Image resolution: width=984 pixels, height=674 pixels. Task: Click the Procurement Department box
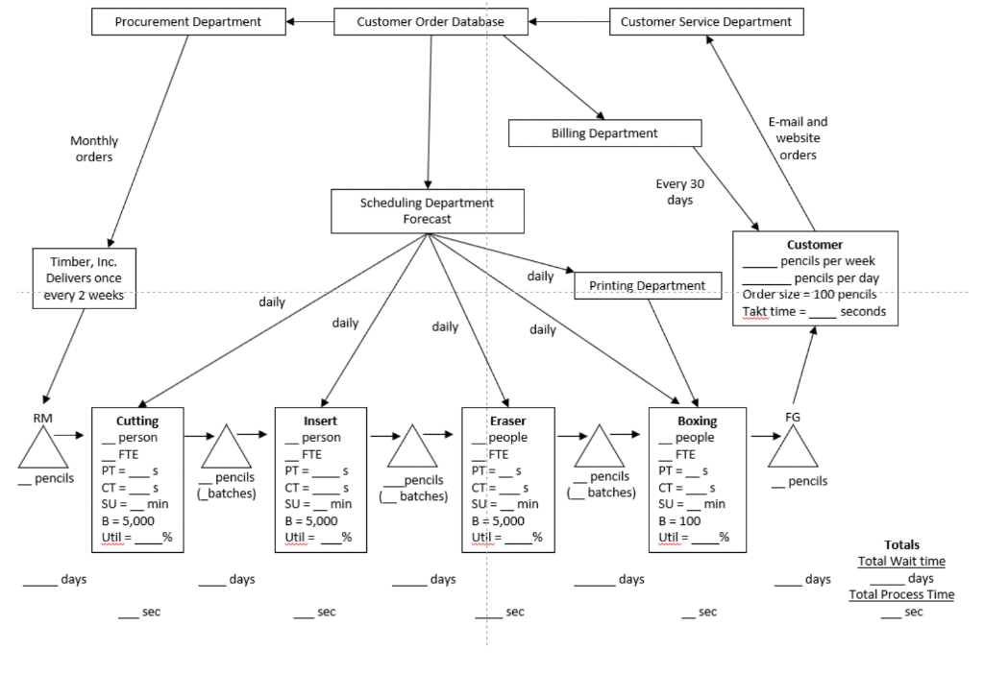pyautogui.click(x=188, y=21)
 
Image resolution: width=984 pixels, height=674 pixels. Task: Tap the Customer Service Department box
pyautogui.click(x=706, y=21)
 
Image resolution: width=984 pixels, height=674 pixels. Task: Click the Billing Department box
pyautogui.click(x=604, y=133)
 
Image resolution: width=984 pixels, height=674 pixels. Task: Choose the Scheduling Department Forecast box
pyautogui.click(x=428, y=211)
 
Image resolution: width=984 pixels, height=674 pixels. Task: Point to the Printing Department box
pyautogui.click(x=647, y=285)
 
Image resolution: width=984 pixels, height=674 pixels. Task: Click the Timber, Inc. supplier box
pyautogui.click(x=83, y=277)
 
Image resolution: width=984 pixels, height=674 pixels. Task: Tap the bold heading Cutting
pyautogui.click(x=137, y=421)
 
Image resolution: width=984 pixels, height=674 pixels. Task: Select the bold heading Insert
pyautogui.click(x=320, y=421)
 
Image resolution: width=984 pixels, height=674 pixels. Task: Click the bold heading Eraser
pyautogui.click(x=507, y=421)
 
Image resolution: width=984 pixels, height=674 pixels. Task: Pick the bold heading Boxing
pyautogui.click(x=697, y=421)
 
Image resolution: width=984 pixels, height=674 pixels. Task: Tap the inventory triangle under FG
pyautogui.click(x=793, y=448)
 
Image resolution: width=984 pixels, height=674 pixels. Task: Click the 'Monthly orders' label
pyautogui.click(x=94, y=149)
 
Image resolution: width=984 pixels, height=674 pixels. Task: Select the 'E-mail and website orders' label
pyautogui.click(x=798, y=138)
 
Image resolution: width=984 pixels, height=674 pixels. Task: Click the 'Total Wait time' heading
pyautogui.click(x=900, y=562)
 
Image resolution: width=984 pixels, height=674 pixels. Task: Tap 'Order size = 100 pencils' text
pyautogui.click(x=809, y=294)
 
